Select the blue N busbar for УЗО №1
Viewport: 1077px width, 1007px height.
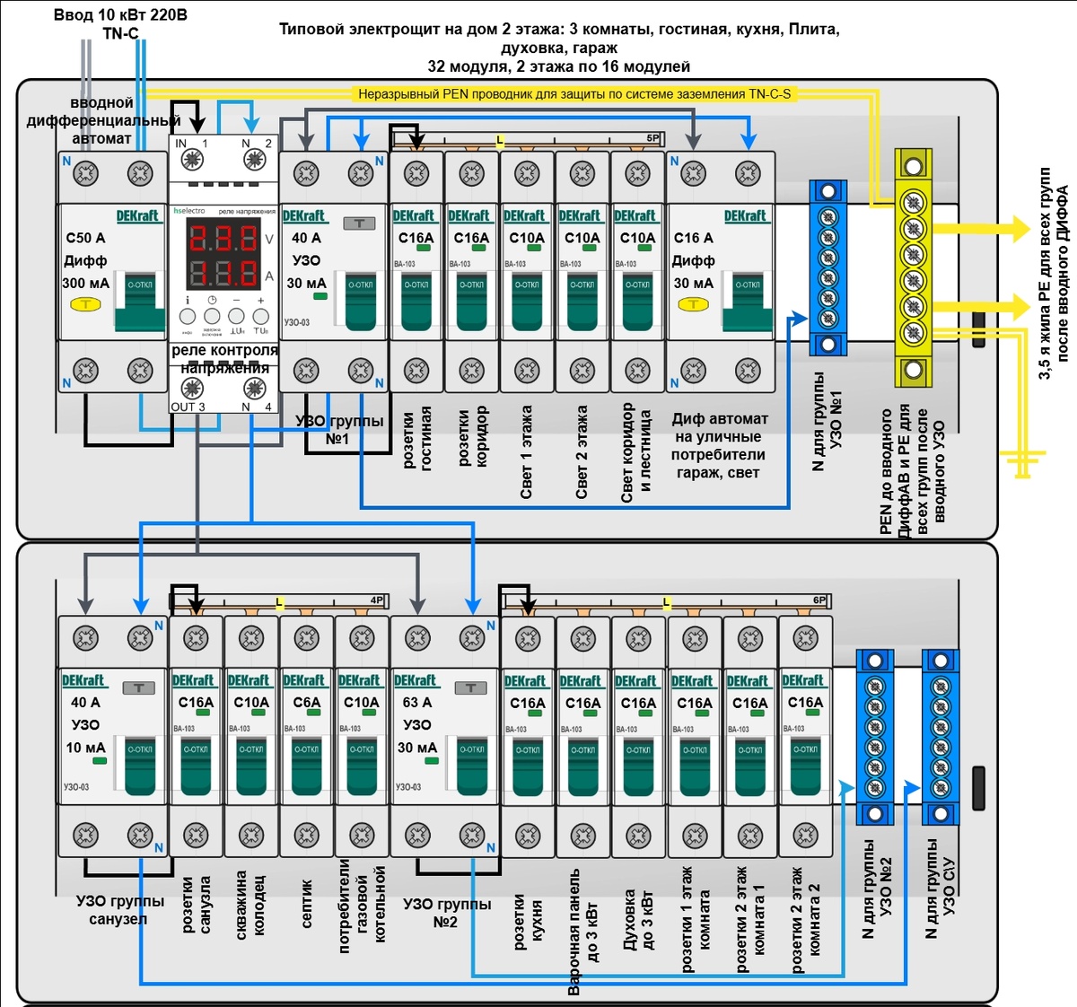point(827,267)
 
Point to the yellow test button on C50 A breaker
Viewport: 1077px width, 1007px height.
point(86,305)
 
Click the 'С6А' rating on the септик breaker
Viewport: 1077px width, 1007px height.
point(306,703)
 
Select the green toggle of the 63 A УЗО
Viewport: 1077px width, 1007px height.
point(472,763)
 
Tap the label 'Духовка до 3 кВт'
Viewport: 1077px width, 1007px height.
point(638,920)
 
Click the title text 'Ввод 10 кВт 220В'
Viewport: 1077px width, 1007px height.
point(120,15)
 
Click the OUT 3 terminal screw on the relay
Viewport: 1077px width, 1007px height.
point(191,389)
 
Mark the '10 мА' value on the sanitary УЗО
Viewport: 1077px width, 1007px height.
point(85,748)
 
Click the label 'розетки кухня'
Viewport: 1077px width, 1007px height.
point(528,920)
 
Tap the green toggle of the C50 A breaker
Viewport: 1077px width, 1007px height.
point(140,301)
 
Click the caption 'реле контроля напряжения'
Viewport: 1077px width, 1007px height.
point(224,359)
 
